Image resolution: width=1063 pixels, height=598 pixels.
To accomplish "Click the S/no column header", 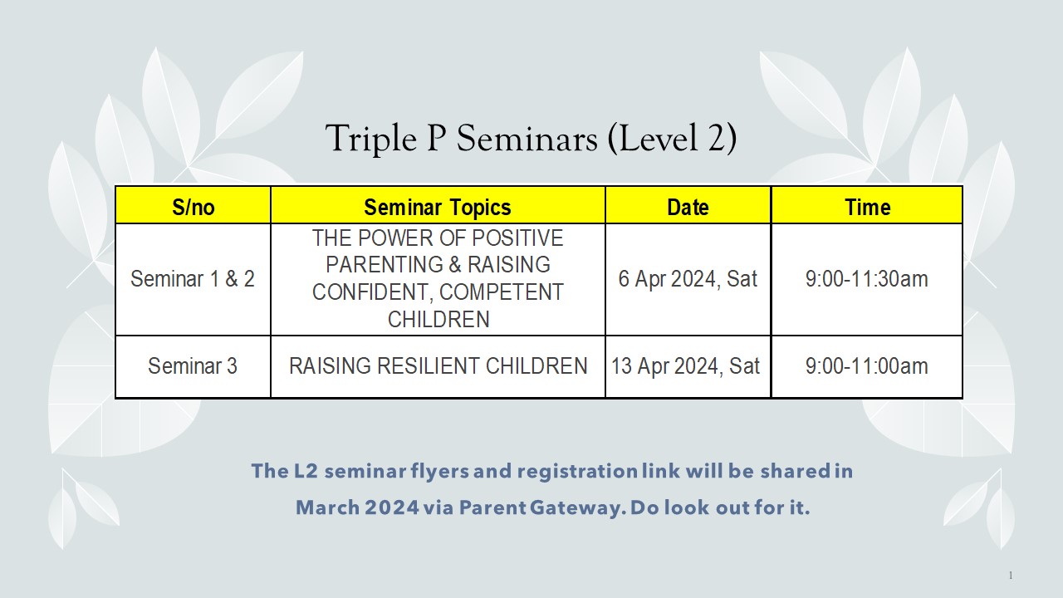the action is (193, 208).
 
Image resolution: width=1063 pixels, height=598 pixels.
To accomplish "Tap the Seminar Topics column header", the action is (438, 208).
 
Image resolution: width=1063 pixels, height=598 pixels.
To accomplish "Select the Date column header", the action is (688, 208).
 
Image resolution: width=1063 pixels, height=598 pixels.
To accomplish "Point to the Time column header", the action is (868, 208).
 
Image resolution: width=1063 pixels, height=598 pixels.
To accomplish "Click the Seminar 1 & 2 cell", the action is (193, 278).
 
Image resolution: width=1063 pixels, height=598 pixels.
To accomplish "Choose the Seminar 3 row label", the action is (193, 366).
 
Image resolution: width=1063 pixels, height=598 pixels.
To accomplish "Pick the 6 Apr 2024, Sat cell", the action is (688, 278).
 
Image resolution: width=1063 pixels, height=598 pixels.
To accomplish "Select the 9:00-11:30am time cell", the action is (866, 278).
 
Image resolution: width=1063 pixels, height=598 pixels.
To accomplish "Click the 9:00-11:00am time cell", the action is (866, 366).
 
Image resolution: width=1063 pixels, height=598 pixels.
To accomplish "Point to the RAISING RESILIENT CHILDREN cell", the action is (438, 366).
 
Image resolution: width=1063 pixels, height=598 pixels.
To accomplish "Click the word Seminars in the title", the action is (527, 138).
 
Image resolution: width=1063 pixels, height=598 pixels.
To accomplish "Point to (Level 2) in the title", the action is (672, 139).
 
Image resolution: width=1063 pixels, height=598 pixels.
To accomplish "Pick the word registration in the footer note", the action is (577, 472).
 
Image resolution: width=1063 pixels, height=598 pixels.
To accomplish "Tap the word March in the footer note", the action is (327, 507).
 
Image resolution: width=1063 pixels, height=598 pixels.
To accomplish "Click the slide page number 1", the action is (1011, 576).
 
